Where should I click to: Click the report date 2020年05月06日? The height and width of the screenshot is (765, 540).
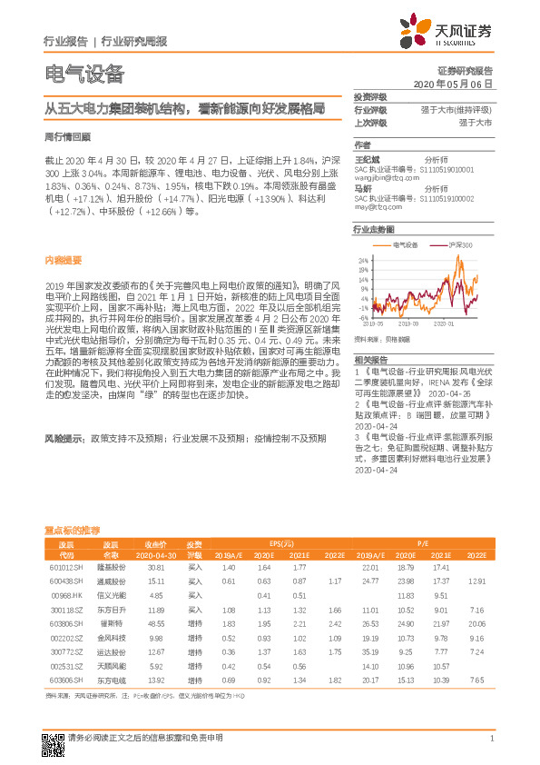453,84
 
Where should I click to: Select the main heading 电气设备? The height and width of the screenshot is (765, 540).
84,74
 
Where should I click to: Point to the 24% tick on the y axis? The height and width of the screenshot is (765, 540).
364,259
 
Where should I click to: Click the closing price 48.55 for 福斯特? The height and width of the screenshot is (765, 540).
155,624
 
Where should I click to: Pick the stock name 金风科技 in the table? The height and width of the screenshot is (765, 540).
111,638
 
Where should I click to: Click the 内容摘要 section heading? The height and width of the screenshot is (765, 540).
61,259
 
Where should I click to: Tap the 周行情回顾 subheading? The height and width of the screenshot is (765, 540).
67,136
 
